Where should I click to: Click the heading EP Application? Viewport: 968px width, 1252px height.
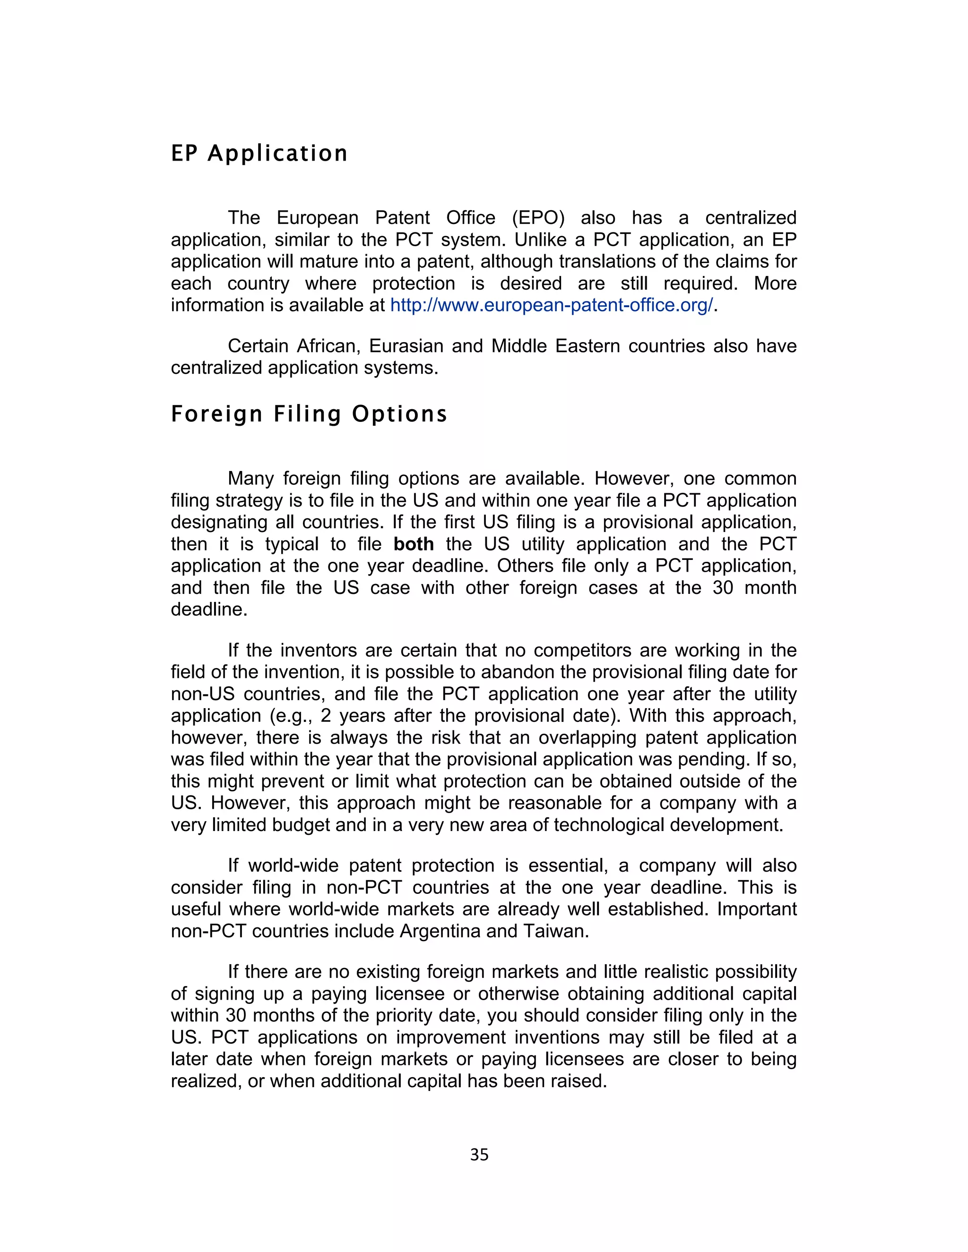pos(259,154)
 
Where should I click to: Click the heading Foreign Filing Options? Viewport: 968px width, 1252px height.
pos(309,414)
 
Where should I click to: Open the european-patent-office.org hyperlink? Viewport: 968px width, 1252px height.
pos(552,305)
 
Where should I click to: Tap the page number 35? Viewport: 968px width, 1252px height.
pos(479,1155)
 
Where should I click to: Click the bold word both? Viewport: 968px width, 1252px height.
pos(414,544)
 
